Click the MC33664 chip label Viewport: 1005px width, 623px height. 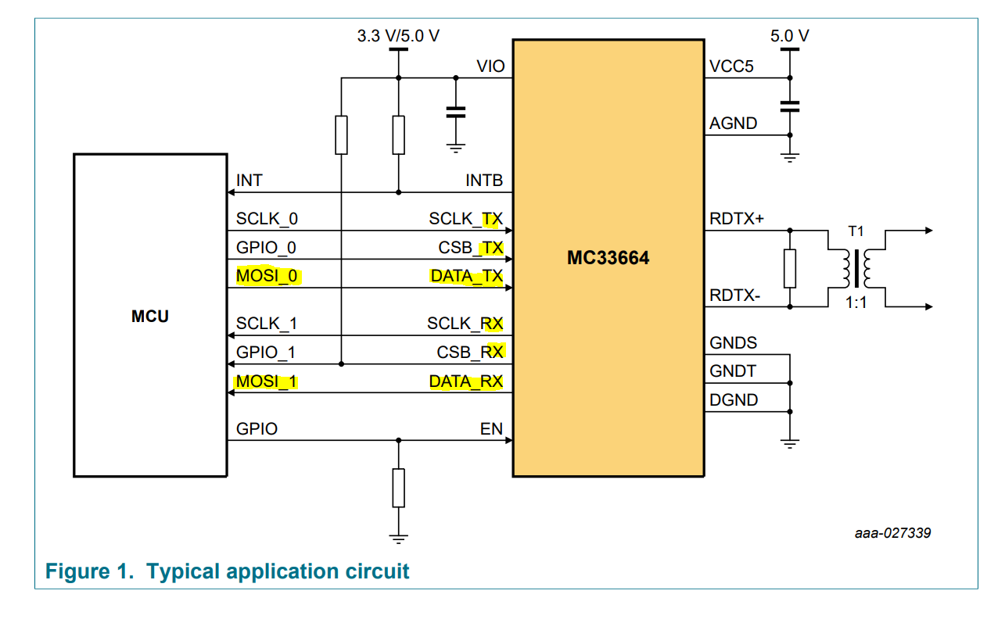608,257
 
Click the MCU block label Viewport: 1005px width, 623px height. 149,316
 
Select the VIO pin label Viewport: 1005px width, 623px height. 490,67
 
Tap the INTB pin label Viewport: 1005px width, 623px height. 484,181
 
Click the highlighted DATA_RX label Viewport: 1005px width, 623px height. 465,382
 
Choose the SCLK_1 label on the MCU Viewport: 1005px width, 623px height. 267,324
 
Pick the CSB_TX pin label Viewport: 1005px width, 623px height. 470,248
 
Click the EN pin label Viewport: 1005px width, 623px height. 491,428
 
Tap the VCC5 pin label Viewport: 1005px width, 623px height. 731,67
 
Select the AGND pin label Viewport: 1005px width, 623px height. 733,124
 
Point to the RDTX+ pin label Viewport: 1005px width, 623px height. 736,220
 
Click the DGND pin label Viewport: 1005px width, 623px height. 734,399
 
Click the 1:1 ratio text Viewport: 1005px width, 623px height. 856,303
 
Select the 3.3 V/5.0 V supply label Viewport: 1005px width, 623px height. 398,36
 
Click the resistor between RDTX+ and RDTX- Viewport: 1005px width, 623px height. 790,268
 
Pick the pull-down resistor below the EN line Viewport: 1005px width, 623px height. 399,488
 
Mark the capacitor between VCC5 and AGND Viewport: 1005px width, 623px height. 790,106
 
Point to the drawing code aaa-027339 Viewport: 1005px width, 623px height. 892,533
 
